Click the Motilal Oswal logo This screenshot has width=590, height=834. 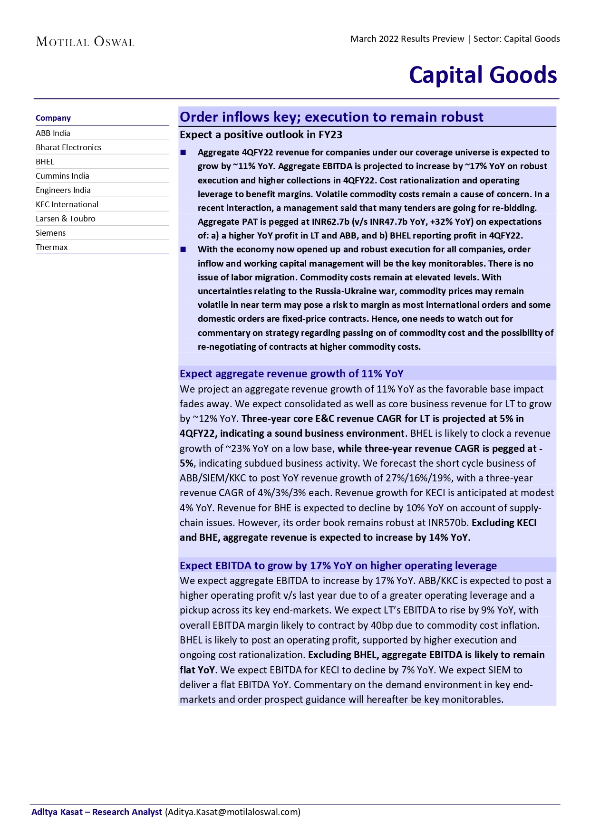(85, 42)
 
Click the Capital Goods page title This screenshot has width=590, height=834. (483, 75)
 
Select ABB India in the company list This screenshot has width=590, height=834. (53, 133)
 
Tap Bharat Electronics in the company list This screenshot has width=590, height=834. (68, 147)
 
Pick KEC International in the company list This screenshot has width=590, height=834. (67, 204)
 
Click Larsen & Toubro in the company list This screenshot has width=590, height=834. (66, 219)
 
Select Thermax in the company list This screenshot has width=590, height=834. (52, 247)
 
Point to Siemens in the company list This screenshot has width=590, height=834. (51, 233)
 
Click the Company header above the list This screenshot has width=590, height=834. (53, 118)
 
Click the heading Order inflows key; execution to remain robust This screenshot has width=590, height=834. (331, 117)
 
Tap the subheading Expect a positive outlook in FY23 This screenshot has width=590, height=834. (261, 135)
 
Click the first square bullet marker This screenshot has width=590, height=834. (184, 153)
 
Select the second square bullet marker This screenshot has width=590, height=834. (184, 249)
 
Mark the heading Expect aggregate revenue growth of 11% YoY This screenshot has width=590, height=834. (291, 374)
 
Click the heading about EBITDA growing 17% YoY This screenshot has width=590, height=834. (338, 566)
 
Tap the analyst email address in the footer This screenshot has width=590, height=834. (233, 812)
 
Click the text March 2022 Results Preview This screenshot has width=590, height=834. (407, 39)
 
